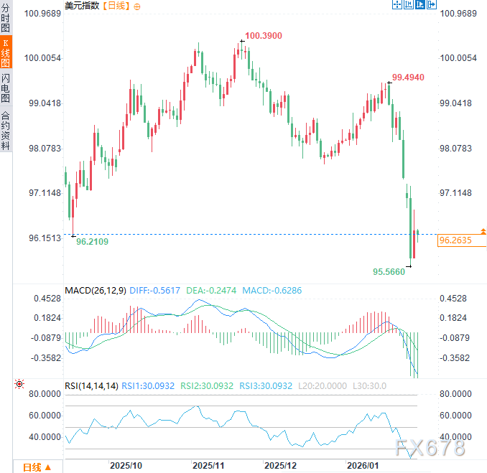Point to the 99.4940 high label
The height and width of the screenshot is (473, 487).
click(x=408, y=77)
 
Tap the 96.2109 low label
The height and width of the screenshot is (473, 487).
click(x=92, y=242)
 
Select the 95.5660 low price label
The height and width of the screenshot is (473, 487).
click(x=389, y=271)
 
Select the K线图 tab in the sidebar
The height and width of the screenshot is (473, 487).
click(x=6, y=54)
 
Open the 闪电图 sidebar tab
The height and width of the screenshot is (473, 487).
click(x=6, y=88)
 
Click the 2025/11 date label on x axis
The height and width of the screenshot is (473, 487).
click(x=209, y=465)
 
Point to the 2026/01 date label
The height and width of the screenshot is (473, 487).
click(x=362, y=465)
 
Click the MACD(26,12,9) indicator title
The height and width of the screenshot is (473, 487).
click(x=95, y=291)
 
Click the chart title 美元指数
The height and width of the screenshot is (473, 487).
click(x=83, y=6)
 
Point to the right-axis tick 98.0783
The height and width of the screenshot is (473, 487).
click(x=458, y=149)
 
